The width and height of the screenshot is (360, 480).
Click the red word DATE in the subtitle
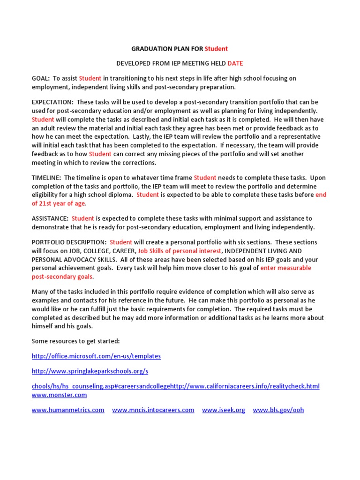pyautogui.click(x=235, y=63)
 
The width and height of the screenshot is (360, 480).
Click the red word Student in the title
pyautogui.click(x=216, y=49)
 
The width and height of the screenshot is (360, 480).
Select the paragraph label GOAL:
pyautogui.click(x=41, y=78)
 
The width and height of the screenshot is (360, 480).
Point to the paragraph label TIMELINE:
pyautogui.click(x=46, y=178)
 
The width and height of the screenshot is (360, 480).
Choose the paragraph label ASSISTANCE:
pyautogui.click(x=50, y=218)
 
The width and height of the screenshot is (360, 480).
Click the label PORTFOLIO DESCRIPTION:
pyautogui.click(x=69, y=242)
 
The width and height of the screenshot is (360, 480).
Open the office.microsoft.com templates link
pyautogui.click(x=96, y=356)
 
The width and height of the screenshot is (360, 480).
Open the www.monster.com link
pyautogui.click(x=59, y=395)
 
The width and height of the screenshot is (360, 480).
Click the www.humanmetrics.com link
pyautogui.click(x=68, y=410)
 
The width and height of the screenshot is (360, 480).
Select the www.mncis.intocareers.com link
pyautogui.click(x=153, y=410)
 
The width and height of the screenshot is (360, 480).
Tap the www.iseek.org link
pyautogui.click(x=224, y=410)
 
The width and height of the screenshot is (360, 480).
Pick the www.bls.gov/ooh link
pyautogui.click(x=278, y=410)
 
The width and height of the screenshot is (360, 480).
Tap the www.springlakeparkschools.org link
pyautogui.click(x=90, y=371)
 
